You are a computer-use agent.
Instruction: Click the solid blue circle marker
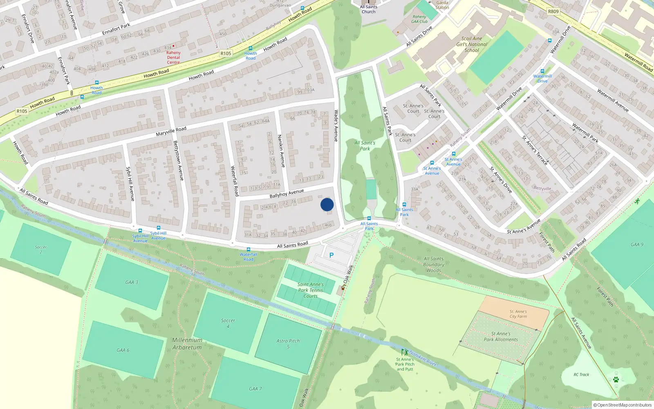point(327,204)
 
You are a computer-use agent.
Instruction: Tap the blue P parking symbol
point(331,255)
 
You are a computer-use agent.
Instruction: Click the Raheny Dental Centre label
point(173,57)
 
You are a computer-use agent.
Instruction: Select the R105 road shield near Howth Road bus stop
point(226,53)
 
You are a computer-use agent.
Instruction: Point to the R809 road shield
point(553,11)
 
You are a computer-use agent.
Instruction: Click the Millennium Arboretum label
point(187,344)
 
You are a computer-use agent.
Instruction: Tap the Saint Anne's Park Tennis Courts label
point(311,290)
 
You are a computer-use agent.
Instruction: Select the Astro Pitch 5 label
point(288,344)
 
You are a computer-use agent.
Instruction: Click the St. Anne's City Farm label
point(518,314)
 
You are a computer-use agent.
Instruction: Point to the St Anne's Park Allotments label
point(501,337)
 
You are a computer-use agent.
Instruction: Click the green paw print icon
point(616,380)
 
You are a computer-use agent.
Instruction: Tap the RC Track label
point(581,375)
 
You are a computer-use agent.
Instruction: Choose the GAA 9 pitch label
point(637,245)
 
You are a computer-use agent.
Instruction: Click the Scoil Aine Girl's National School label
point(472,44)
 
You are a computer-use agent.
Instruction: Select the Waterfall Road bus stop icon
point(248,249)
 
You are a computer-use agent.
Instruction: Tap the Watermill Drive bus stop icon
point(542,71)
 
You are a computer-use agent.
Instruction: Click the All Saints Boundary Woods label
point(434,265)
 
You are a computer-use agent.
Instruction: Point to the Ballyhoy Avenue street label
point(287,193)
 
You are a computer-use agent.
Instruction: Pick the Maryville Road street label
point(171,131)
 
